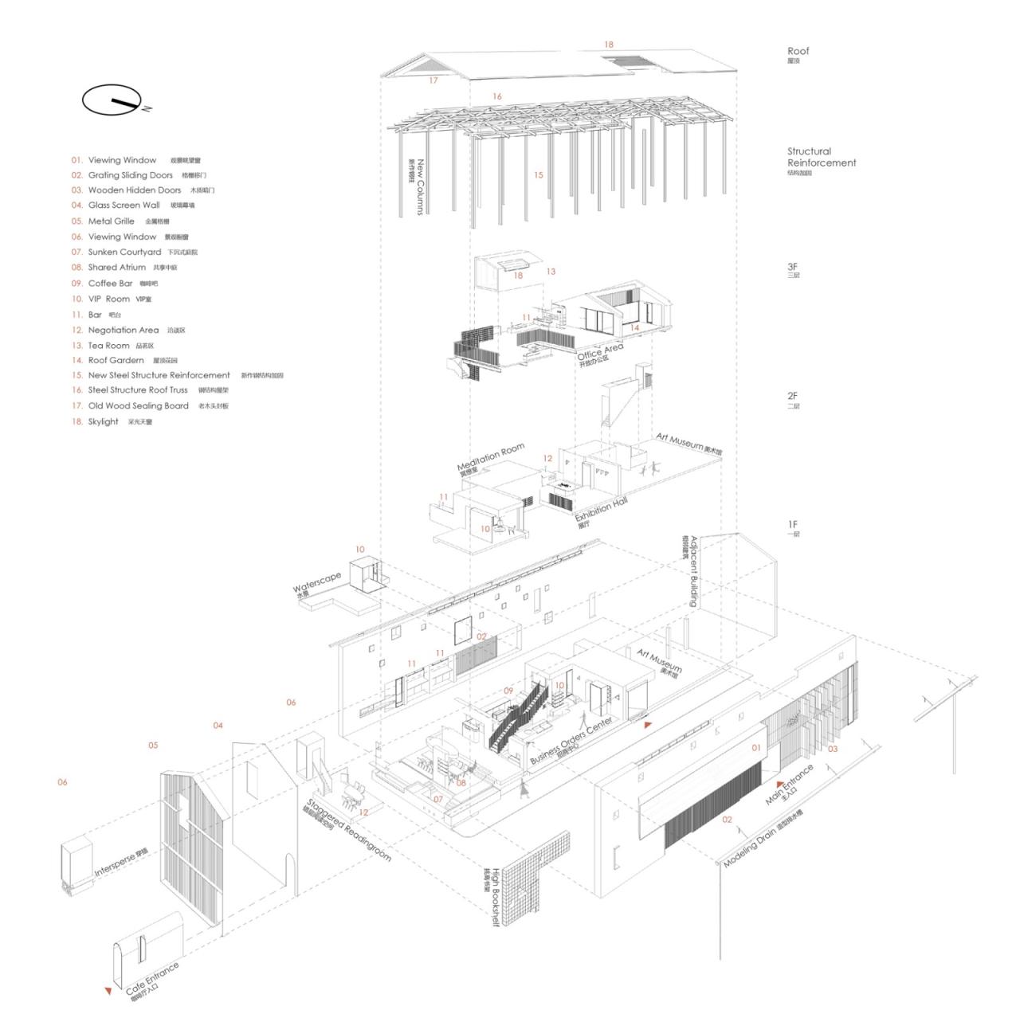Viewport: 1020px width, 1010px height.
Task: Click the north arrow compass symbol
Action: pos(112,100)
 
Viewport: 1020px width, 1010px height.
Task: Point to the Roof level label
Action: pos(798,52)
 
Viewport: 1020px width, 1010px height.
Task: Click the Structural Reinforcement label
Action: pos(821,157)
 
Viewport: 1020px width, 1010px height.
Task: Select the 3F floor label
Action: pos(793,268)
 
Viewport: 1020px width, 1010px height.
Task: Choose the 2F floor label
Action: pos(793,396)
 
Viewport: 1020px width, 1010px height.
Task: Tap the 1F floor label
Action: pos(793,525)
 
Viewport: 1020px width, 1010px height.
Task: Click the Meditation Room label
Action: pos(490,456)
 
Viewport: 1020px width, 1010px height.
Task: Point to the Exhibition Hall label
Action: pos(602,508)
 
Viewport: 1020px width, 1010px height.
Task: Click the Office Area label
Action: pos(600,350)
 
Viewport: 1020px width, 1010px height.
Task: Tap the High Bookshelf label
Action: pos(494,897)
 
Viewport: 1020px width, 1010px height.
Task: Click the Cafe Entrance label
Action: pos(152,977)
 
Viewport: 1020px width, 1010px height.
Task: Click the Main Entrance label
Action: pos(789,784)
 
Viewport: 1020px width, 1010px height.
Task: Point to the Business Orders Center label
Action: pos(571,741)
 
